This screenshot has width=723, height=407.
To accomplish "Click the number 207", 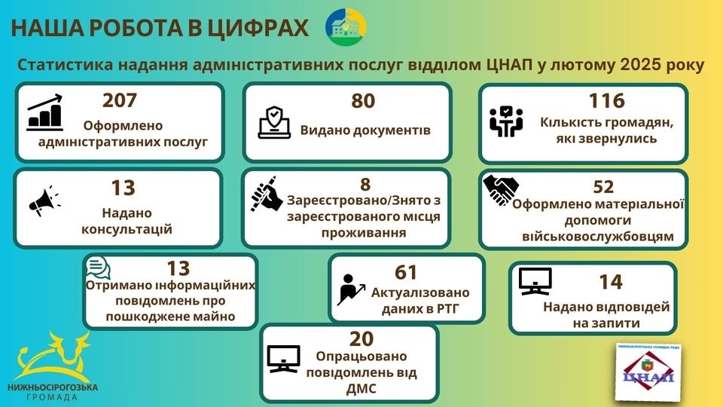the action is tap(120, 100).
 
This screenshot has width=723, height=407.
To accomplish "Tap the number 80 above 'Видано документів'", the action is tap(363, 101).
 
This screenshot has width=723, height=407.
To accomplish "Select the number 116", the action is tap(607, 100).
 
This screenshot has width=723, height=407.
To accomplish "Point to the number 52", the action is tap(603, 187).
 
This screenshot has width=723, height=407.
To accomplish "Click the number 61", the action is tap(406, 272).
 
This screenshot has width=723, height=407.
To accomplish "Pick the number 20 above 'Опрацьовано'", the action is tap(361, 339).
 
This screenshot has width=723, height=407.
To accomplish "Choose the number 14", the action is tap(611, 282).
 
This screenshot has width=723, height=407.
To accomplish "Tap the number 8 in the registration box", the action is tap(365, 185).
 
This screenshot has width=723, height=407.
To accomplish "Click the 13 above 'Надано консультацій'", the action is tap(123, 188).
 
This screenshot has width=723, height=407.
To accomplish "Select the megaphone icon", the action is tap(44, 200).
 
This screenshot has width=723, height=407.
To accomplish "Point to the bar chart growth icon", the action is tap(44, 112).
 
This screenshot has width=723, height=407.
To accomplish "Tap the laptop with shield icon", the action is tap(274, 122).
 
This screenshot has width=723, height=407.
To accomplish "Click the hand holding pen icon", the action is tap(267, 194).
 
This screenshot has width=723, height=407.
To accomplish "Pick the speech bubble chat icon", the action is tap(98, 268).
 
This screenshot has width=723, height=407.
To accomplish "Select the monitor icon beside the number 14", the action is tap(535, 281).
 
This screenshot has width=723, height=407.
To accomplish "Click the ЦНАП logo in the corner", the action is tap(648, 372).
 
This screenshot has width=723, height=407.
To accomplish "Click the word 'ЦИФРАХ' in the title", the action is tap(258, 28).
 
